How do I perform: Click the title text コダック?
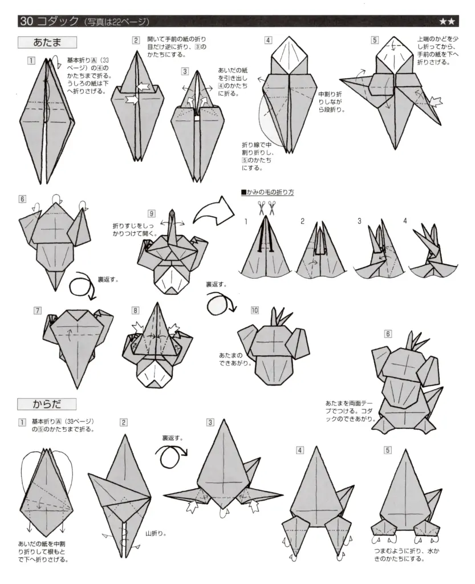58,22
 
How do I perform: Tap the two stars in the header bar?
446,22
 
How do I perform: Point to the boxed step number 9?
152,213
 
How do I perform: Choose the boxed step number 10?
254,310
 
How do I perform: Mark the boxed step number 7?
38,311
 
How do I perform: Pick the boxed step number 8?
136,311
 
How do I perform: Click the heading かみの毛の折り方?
267,192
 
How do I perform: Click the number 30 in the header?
26,22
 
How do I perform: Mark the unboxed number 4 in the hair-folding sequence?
405,221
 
